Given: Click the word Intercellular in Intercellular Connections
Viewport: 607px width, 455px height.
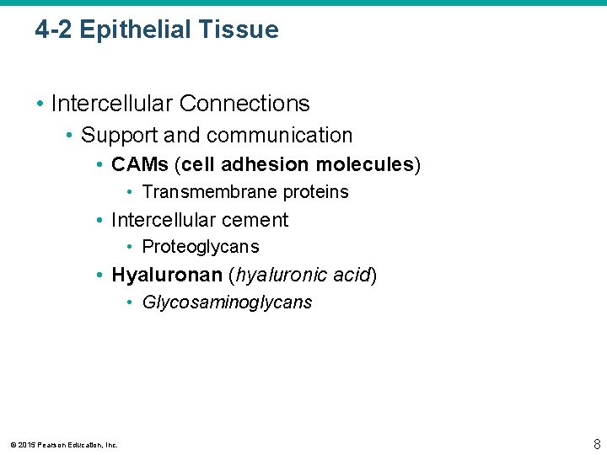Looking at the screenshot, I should tap(111, 104).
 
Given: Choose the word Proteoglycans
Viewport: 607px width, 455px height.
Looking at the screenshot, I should tap(201, 247).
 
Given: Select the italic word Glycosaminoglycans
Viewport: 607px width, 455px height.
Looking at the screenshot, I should tap(227, 302).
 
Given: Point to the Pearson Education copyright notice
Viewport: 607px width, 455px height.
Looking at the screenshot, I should tap(64, 445).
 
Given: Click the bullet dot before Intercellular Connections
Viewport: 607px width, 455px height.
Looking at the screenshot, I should tap(40, 104).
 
